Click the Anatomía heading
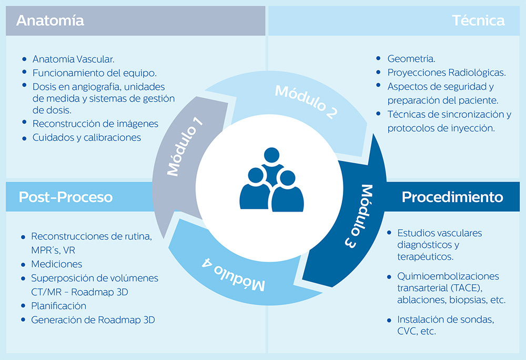[50, 21]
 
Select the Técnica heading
[478, 21]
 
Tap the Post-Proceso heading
[66, 197]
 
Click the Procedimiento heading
[452, 197]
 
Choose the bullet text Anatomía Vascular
[73, 59]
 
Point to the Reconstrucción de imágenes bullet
[95, 124]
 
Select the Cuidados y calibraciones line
[87, 137]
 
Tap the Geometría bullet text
[411, 59]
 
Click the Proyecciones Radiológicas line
[447, 73]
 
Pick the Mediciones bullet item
[56, 264]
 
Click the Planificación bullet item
[58, 306]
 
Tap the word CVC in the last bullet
[408, 332]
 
